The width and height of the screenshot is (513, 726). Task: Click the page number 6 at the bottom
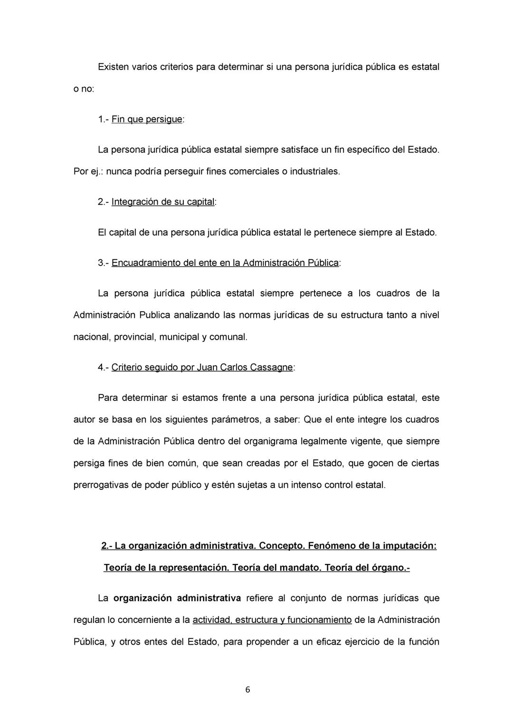click(247, 690)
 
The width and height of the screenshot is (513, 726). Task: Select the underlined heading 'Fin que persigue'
click(147, 119)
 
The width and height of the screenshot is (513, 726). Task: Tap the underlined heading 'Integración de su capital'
click(163, 202)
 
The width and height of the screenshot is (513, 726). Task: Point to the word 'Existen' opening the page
click(113, 67)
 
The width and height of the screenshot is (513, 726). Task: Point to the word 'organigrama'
click(270, 441)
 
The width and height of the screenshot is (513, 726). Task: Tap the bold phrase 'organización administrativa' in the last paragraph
click(177, 598)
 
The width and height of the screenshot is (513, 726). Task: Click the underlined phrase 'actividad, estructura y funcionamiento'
click(272, 620)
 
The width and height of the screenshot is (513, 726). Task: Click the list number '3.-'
click(104, 263)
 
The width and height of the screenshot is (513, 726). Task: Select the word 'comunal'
click(228, 337)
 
